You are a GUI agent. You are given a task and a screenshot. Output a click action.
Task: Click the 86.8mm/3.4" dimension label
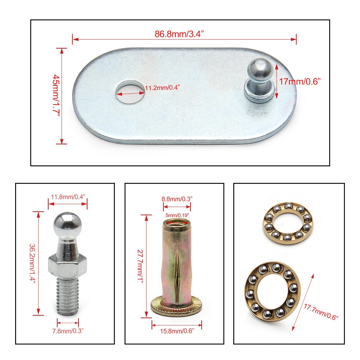[179, 34]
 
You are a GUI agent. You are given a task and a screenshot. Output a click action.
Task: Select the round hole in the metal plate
[130, 92]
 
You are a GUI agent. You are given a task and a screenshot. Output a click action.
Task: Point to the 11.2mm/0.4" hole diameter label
[162, 87]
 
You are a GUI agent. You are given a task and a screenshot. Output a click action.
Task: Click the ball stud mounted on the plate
[260, 80]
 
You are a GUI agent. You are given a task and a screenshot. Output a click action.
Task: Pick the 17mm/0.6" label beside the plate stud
[300, 81]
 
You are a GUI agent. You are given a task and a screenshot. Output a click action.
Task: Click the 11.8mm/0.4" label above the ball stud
[68, 197]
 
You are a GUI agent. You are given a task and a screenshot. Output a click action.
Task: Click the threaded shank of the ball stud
[68, 296]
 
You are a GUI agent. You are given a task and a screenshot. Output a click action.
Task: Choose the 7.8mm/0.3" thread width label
[68, 331]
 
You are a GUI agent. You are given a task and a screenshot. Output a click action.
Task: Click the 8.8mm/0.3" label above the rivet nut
[177, 199]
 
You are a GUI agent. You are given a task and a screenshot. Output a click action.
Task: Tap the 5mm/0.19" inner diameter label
[177, 215]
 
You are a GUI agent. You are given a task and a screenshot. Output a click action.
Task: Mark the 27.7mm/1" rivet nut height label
[140, 266]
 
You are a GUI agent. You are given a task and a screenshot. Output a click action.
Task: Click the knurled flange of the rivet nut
[176, 306]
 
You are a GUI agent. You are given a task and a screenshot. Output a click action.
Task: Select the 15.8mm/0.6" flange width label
[177, 331]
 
